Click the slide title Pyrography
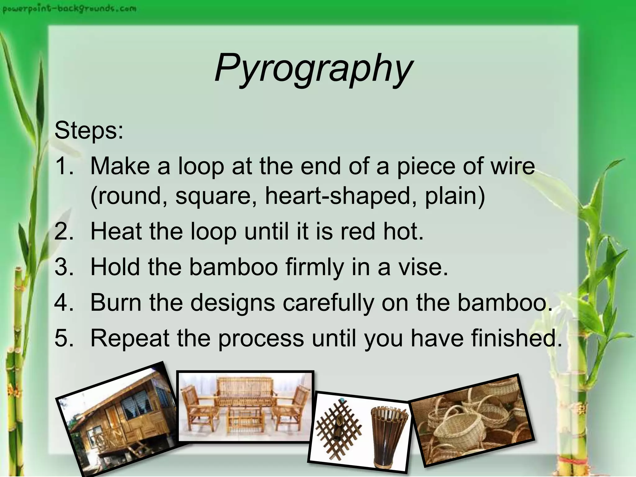click(314, 68)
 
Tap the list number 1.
click(64, 166)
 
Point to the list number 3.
click(64, 267)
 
